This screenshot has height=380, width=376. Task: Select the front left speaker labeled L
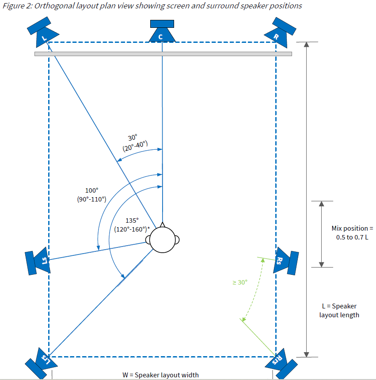point(43,33)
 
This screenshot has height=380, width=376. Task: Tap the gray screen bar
point(163,54)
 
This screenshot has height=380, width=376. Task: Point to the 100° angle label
point(91,190)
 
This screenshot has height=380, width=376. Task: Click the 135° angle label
point(132,220)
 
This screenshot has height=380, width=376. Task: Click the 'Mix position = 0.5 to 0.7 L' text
point(352,232)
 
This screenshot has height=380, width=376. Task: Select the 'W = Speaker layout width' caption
point(160,375)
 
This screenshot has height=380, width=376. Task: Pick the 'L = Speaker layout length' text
point(339,310)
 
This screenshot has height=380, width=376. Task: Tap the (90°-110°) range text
point(91,199)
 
